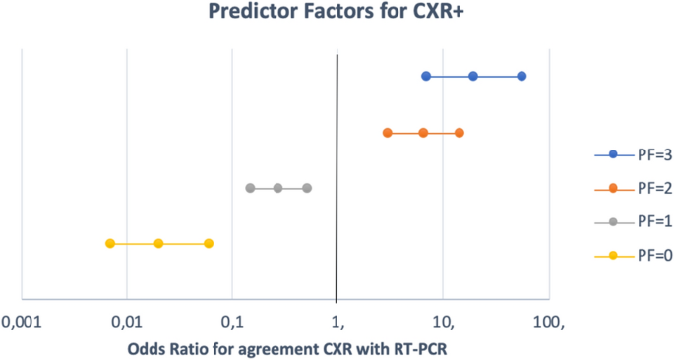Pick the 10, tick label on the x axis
443,322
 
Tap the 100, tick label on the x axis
548,322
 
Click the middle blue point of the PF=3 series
473,76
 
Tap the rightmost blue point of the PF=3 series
521,76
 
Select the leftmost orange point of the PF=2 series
388,132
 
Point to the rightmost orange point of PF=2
460,132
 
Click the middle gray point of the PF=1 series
277,188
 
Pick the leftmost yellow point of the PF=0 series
110,243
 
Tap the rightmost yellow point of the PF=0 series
209,243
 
